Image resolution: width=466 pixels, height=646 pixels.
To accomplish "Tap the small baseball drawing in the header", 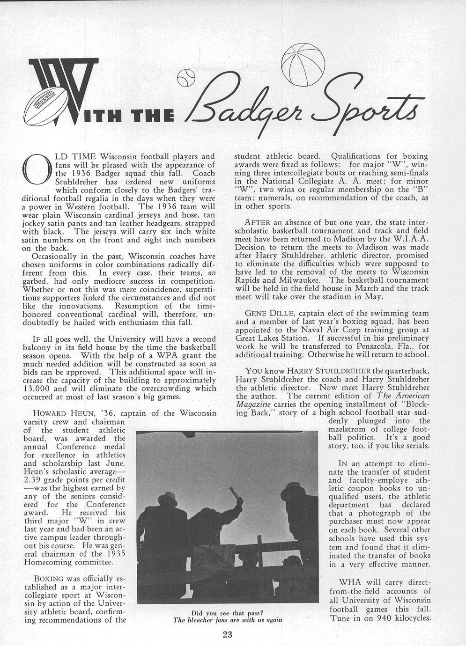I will (x=186, y=78).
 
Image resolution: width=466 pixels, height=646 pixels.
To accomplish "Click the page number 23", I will (x=228, y=634).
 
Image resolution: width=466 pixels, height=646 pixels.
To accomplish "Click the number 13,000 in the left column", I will (x=38, y=389).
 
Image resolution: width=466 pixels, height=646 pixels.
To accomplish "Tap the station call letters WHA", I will (x=350, y=583).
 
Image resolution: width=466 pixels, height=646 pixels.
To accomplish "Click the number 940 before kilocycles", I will (x=383, y=618).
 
